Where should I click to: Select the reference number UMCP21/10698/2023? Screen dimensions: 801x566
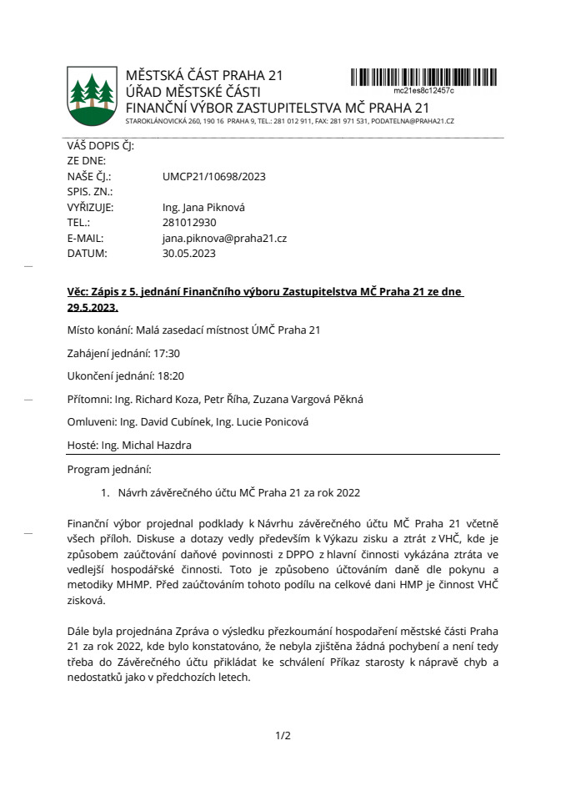pyautogui.click(x=214, y=177)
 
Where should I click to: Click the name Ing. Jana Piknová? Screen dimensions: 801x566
pyautogui.click(x=203, y=208)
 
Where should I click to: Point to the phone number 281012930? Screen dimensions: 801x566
pyautogui.click(x=189, y=223)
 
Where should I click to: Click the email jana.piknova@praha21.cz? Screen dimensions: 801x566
pyautogui.click(x=224, y=238)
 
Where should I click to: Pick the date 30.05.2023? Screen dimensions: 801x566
pyautogui.click(x=189, y=253)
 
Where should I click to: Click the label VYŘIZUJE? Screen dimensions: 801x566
pyautogui.click(x=90, y=208)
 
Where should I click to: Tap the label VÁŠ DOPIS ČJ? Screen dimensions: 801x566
pyautogui.click(x=100, y=146)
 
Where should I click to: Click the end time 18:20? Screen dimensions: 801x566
pyautogui.click(x=168, y=376)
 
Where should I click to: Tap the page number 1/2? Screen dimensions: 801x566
pyautogui.click(x=283, y=735)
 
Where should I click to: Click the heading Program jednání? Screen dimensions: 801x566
pyautogui.click(x=108, y=470)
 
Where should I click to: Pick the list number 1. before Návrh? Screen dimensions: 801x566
pyautogui.click(x=106, y=493)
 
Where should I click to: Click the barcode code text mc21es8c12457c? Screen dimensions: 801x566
pyautogui.click(x=423, y=90)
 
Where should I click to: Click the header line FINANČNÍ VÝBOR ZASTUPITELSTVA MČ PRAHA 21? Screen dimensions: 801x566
pyautogui.click(x=277, y=108)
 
